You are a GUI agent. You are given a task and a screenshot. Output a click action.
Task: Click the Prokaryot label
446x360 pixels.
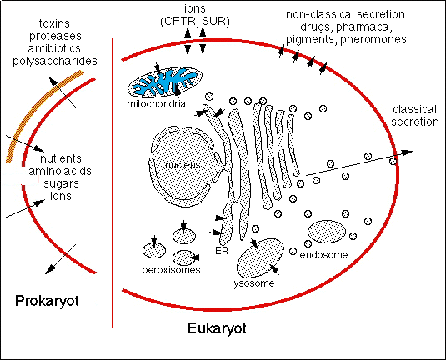click(47, 301)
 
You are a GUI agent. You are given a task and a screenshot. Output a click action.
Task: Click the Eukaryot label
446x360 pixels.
click(217, 328)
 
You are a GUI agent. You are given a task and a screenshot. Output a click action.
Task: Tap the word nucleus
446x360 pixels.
click(183, 165)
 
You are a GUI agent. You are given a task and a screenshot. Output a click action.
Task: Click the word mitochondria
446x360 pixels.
click(156, 104)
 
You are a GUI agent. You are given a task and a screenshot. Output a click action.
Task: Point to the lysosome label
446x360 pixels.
click(253, 283)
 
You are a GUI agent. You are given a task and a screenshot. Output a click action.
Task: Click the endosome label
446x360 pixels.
click(323, 255)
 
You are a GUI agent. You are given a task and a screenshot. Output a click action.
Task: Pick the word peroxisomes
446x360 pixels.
click(171, 269)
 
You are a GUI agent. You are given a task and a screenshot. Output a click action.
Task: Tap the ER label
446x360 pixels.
click(222, 251)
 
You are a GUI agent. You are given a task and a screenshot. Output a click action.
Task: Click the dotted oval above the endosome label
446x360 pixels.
click(327, 232)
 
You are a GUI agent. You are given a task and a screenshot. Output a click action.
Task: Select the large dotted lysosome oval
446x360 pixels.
click(260, 258)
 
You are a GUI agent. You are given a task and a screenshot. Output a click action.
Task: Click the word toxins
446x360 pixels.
click(54, 23)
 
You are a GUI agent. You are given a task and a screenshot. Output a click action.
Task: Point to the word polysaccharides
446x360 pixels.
click(55, 61)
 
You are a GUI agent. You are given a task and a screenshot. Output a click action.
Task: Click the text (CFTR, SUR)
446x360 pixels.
click(195, 22)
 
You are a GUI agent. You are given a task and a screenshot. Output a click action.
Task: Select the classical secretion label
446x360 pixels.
click(415, 116)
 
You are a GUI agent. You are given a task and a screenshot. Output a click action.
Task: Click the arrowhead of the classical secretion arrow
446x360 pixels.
click(408, 152)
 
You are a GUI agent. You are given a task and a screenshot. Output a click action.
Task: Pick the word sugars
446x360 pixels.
click(61, 184)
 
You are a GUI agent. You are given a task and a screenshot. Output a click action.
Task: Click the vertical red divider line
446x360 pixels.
click(112, 183)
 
